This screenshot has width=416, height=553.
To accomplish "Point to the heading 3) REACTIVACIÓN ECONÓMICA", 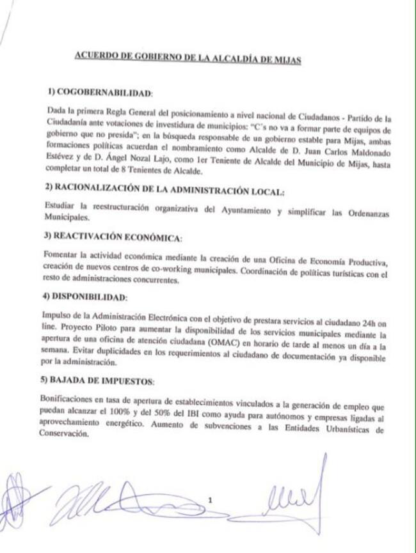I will pyautogui.click(x=115, y=237).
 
